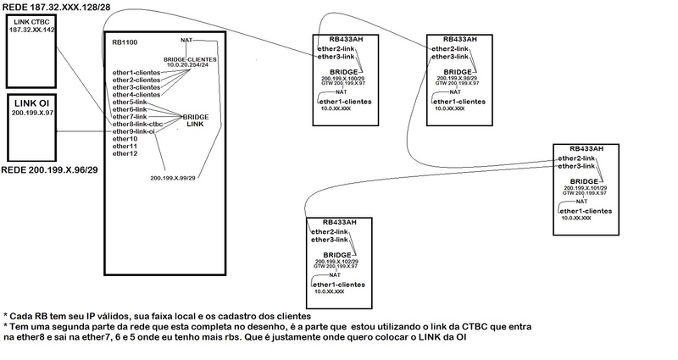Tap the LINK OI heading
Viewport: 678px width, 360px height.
point(31,102)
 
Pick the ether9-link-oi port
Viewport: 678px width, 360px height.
point(134,132)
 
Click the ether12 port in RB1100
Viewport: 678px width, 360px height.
point(124,153)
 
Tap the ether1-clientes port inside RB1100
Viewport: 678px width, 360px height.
point(136,72)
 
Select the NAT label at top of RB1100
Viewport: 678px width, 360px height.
point(187,40)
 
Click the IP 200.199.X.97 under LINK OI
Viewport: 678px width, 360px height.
point(31,112)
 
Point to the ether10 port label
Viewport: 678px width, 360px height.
point(124,139)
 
